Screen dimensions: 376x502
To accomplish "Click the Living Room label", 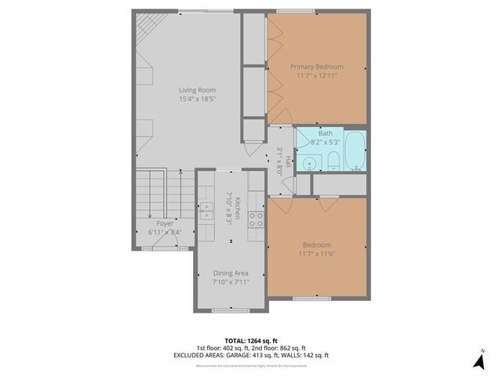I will tap(196, 90).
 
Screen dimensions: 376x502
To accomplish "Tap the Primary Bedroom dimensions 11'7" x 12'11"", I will tap(317, 76).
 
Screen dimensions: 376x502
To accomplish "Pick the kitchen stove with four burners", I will tap(256, 219).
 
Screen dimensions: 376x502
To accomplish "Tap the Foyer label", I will tap(165, 223).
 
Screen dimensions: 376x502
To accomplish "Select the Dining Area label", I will tap(231, 273).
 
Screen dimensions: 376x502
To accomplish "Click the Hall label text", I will tap(288, 161).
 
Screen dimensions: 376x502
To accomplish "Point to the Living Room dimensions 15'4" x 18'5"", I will tap(196, 99).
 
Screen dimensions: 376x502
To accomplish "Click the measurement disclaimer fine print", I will tap(251, 364).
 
